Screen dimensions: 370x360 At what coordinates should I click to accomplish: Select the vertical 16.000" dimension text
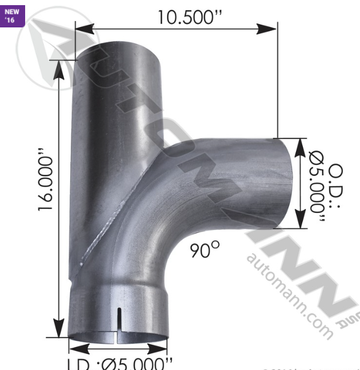(48, 182)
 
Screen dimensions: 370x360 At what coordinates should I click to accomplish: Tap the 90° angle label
(204, 249)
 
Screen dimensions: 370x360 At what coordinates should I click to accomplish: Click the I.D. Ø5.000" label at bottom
(119, 363)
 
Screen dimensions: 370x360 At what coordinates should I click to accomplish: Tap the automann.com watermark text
(289, 293)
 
